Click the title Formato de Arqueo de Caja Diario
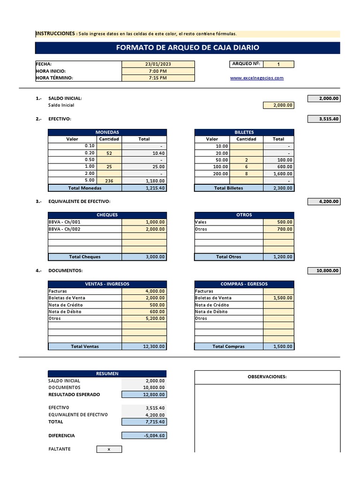[x=187, y=48]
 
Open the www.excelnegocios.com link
[x=257, y=78]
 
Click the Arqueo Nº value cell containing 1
[x=279, y=64]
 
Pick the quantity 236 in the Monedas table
[x=109, y=180]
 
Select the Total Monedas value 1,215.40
[x=144, y=188]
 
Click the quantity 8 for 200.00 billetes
[x=246, y=173]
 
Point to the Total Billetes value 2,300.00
[x=278, y=188]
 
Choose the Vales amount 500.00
[x=278, y=222]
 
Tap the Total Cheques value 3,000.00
[x=144, y=257]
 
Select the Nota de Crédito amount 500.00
[x=144, y=305]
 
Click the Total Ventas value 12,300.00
[x=144, y=346]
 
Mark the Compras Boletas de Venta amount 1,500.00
[x=278, y=298]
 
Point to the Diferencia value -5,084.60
[x=144, y=435]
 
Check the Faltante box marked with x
[x=109, y=449]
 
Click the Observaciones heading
[x=267, y=377]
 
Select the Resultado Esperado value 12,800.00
[x=144, y=395]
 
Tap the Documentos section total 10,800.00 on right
[x=323, y=271]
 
